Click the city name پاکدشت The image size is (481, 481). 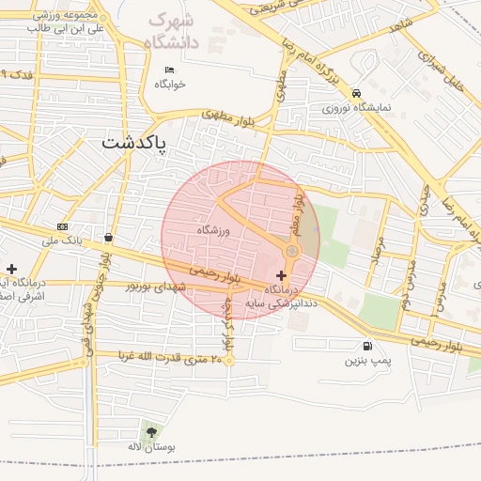132,144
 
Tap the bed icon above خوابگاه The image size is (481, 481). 170,70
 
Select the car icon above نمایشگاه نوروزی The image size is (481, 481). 357,93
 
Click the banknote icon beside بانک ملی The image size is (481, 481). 63,226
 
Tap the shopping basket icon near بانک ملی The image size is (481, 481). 110,238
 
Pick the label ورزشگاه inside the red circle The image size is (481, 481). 213,229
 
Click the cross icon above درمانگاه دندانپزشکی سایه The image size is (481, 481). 283,275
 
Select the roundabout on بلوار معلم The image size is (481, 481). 292,251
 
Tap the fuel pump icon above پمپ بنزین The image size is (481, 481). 365,345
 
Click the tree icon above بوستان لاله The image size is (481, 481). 151,432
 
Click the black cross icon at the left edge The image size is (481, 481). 10,270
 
